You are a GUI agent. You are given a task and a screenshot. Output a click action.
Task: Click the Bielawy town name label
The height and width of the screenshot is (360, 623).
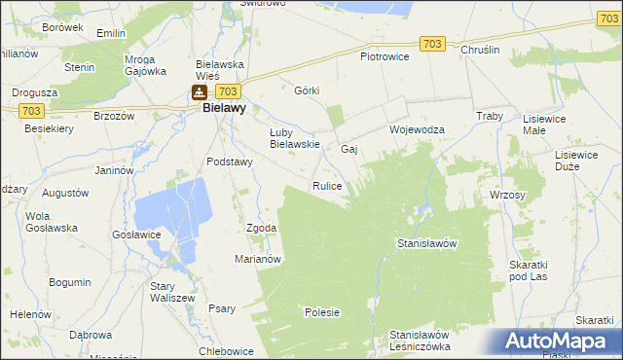coord(224,109)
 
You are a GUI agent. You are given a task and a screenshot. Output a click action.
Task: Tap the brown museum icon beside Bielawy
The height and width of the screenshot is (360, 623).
coord(199,92)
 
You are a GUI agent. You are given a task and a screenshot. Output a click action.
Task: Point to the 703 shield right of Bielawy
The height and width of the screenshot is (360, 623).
coord(229,90)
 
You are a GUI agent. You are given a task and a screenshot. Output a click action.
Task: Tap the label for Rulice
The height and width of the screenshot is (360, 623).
coord(326,185)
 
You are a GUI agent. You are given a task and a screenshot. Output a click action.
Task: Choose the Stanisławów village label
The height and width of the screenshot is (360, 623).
coord(427,243)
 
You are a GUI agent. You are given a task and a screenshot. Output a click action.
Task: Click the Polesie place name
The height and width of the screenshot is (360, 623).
coord(321,312)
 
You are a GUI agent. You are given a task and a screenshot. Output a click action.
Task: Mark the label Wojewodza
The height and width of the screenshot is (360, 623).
coord(417,129)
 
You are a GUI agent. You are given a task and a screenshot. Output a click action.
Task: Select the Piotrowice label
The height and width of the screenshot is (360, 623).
coord(385,56)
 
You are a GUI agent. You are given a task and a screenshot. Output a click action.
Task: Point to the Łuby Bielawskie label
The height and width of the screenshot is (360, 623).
coord(295,138)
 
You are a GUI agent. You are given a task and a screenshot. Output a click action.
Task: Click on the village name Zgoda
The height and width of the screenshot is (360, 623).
coord(262,228)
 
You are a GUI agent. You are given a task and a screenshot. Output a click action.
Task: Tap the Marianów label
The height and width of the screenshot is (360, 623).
coord(258,259)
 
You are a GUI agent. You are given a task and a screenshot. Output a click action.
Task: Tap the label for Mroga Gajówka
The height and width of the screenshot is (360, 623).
coord(146,64)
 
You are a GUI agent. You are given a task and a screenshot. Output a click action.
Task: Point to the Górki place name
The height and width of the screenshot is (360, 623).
coord(307,90)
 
